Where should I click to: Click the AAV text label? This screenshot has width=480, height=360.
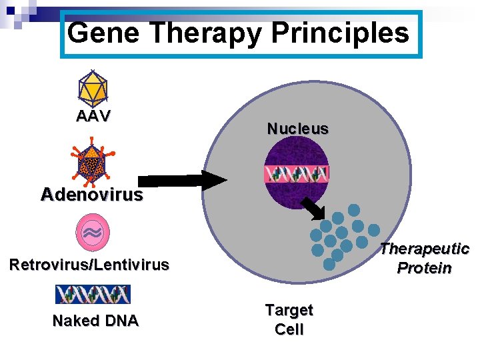point(93,116)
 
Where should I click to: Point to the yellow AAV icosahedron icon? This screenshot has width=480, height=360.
point(93,87)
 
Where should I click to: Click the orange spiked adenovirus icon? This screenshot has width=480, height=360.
point(91,163)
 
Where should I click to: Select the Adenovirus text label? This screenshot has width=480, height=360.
point(92,195)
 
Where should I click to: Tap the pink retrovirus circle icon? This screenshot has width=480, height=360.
point(93,231)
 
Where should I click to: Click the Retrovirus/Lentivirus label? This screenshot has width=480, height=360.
point(89,265)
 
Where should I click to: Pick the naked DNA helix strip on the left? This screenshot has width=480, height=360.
point(93,294)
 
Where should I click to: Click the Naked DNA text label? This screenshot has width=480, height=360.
point(95,321)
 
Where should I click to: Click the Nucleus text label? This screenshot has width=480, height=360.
point(298,129)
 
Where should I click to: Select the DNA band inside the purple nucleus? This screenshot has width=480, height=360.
point(297,175)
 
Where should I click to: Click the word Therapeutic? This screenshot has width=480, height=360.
point(425,249)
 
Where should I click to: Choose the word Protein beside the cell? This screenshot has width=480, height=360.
point(425,268)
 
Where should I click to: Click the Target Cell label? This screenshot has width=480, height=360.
point(289,319)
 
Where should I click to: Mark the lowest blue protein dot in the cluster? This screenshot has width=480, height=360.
point(329,263)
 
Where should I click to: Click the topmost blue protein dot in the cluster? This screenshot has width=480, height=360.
point(354,210)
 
